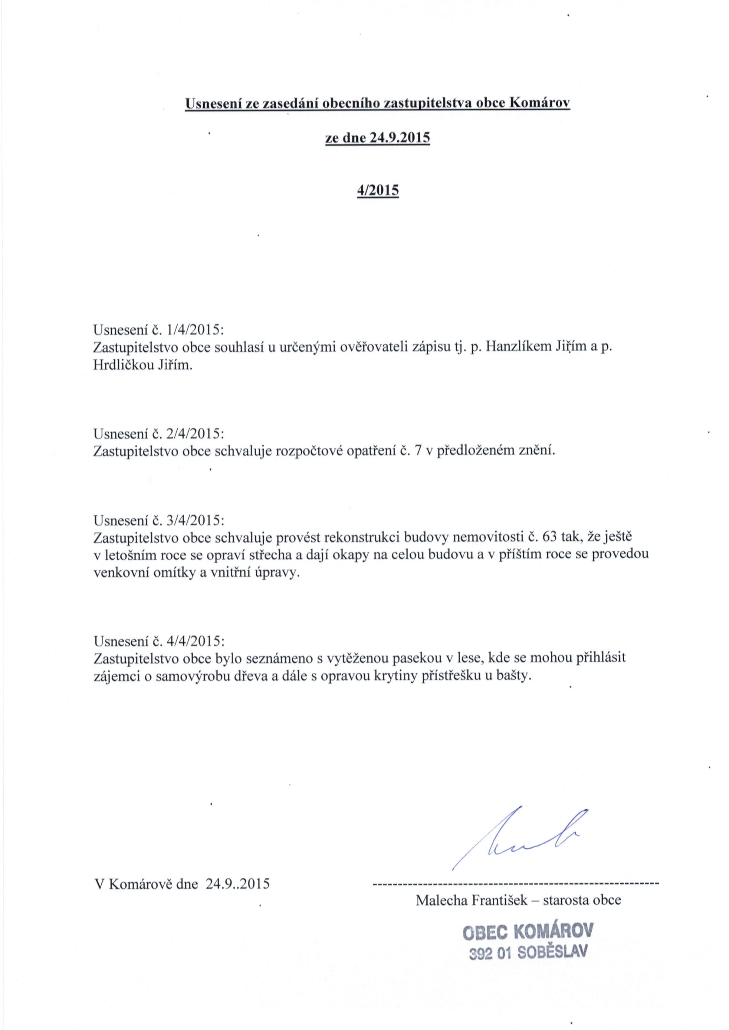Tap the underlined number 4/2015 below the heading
[378, 190]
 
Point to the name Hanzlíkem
[521, 348]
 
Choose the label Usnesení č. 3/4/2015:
[158, 520]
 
